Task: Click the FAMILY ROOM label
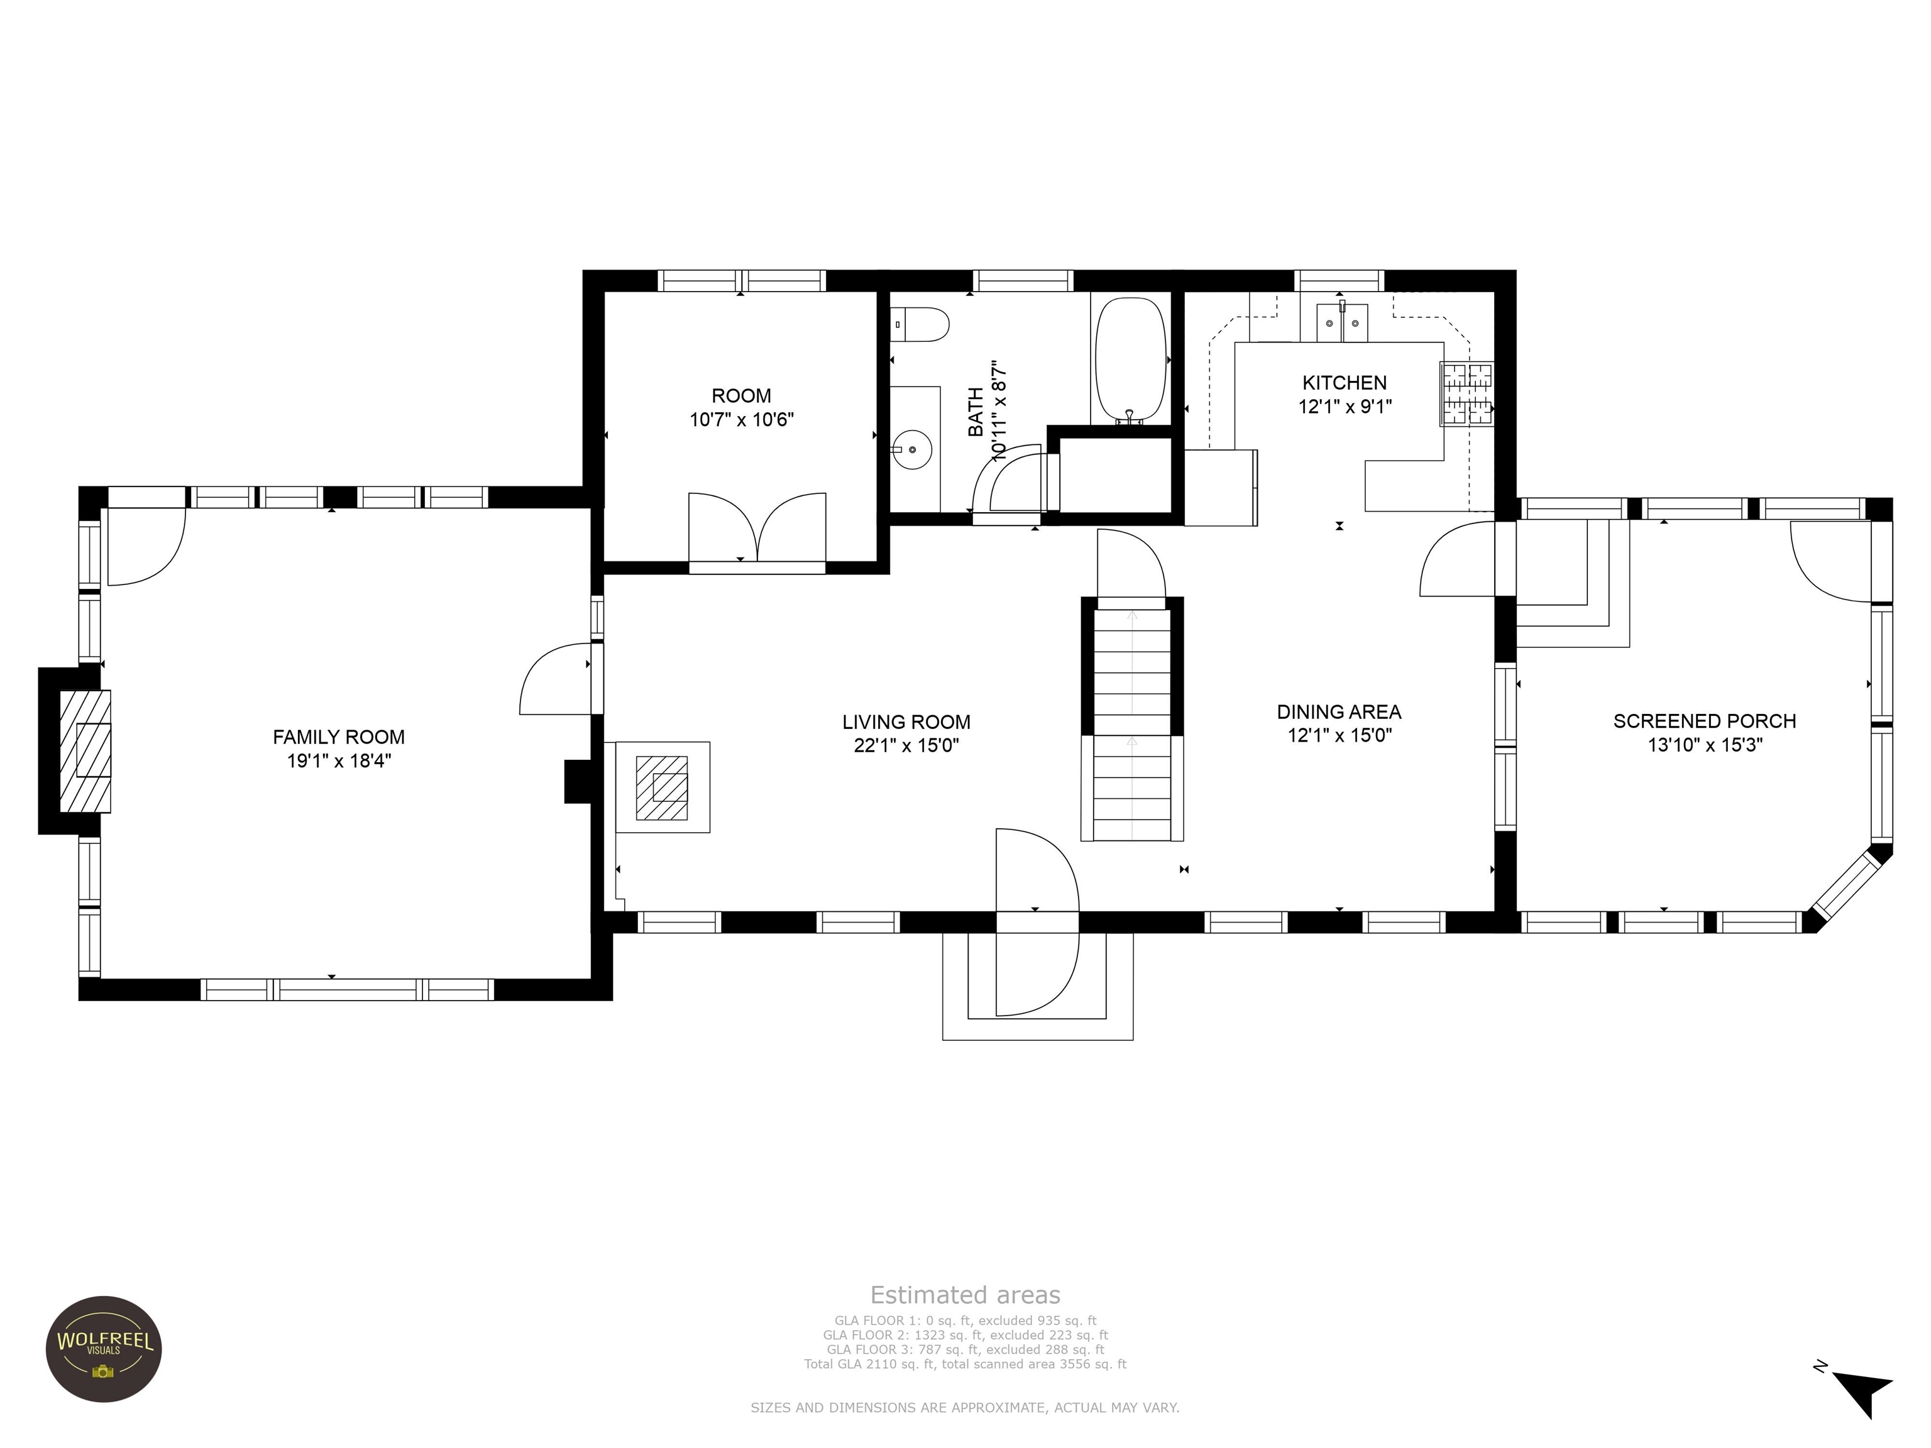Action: (x=339, y=738)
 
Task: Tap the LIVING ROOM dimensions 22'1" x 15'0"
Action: (x=906, y=745)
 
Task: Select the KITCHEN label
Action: (x=1345, y=382)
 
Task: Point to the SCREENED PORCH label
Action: (x=1704, y=721)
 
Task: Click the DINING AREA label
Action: (x=1339, y=712)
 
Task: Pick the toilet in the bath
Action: (x=921, y=325)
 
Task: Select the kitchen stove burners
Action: (x=1466, y=393)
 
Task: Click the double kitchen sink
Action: (x=1342, y=322)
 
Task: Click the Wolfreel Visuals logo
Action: (x=104, y=1349)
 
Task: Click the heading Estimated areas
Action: (x=965, y=1295)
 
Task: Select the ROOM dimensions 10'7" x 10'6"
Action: (x=741, y=420)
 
